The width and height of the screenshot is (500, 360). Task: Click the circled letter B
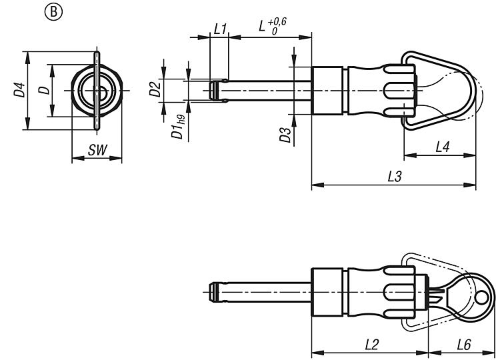point(53,12)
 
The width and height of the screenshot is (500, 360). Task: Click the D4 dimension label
point(19,89)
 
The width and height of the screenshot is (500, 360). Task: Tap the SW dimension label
point(97,150)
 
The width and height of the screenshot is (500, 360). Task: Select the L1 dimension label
point(220,29)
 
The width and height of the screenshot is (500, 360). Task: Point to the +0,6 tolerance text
point(277,22)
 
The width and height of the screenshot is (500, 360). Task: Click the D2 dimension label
point(155,89)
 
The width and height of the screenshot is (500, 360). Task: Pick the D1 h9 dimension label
point(178,127)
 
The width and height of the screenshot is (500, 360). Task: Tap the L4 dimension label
point(443,147)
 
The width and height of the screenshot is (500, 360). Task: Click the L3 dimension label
point(395,176)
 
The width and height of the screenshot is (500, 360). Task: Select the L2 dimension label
point(371,345)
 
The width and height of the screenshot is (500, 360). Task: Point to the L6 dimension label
point(464,345)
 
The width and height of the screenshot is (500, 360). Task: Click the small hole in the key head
point(481,298)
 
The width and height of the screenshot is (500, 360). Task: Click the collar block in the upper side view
point(327,91)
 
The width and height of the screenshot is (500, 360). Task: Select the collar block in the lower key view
point(327,292)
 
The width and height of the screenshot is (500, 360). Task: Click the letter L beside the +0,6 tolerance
point(262,25)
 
